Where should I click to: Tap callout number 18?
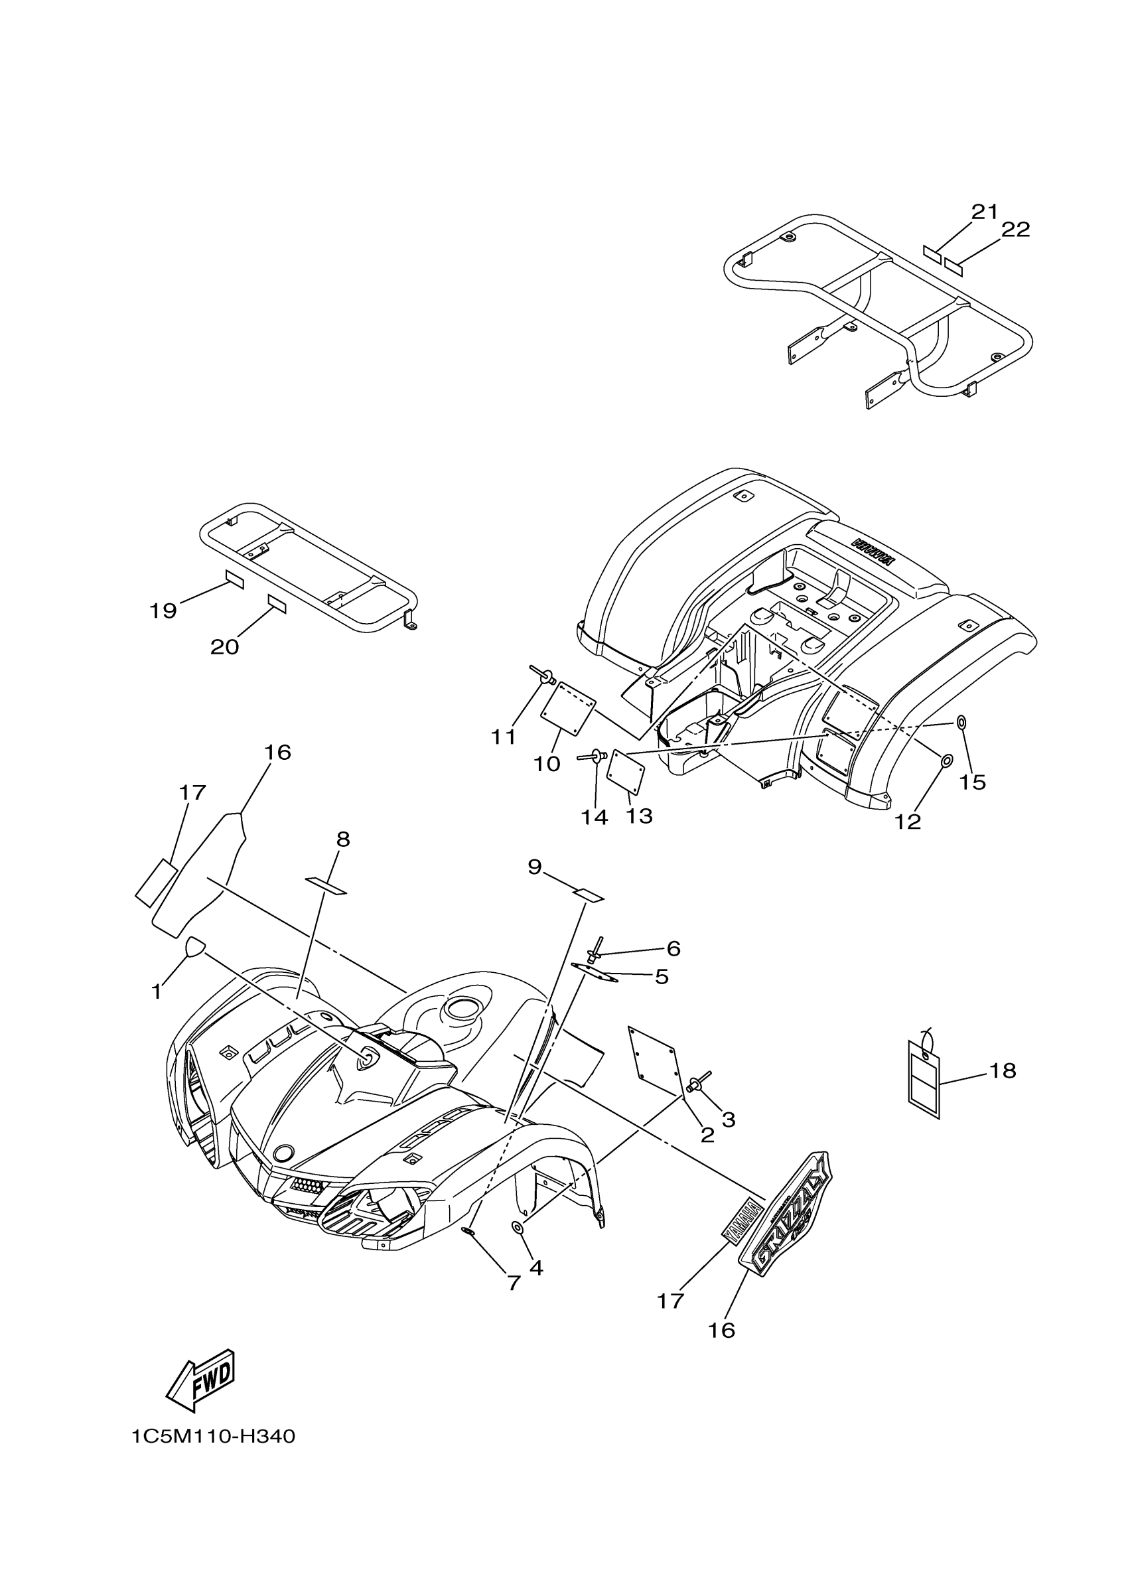pos(1002,1070)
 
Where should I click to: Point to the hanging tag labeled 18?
pos(924,1078)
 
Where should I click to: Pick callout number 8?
pos(342,839)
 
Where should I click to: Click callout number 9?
pos(533,867)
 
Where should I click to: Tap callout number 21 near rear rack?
pos(984,211)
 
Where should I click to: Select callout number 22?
pos(1015,230)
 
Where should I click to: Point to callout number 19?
pos(163,611)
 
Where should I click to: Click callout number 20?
pos(224,647)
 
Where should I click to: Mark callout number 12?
pos(907,822)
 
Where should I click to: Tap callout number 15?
pos(972,782)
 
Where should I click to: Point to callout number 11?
pos(503,737)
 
